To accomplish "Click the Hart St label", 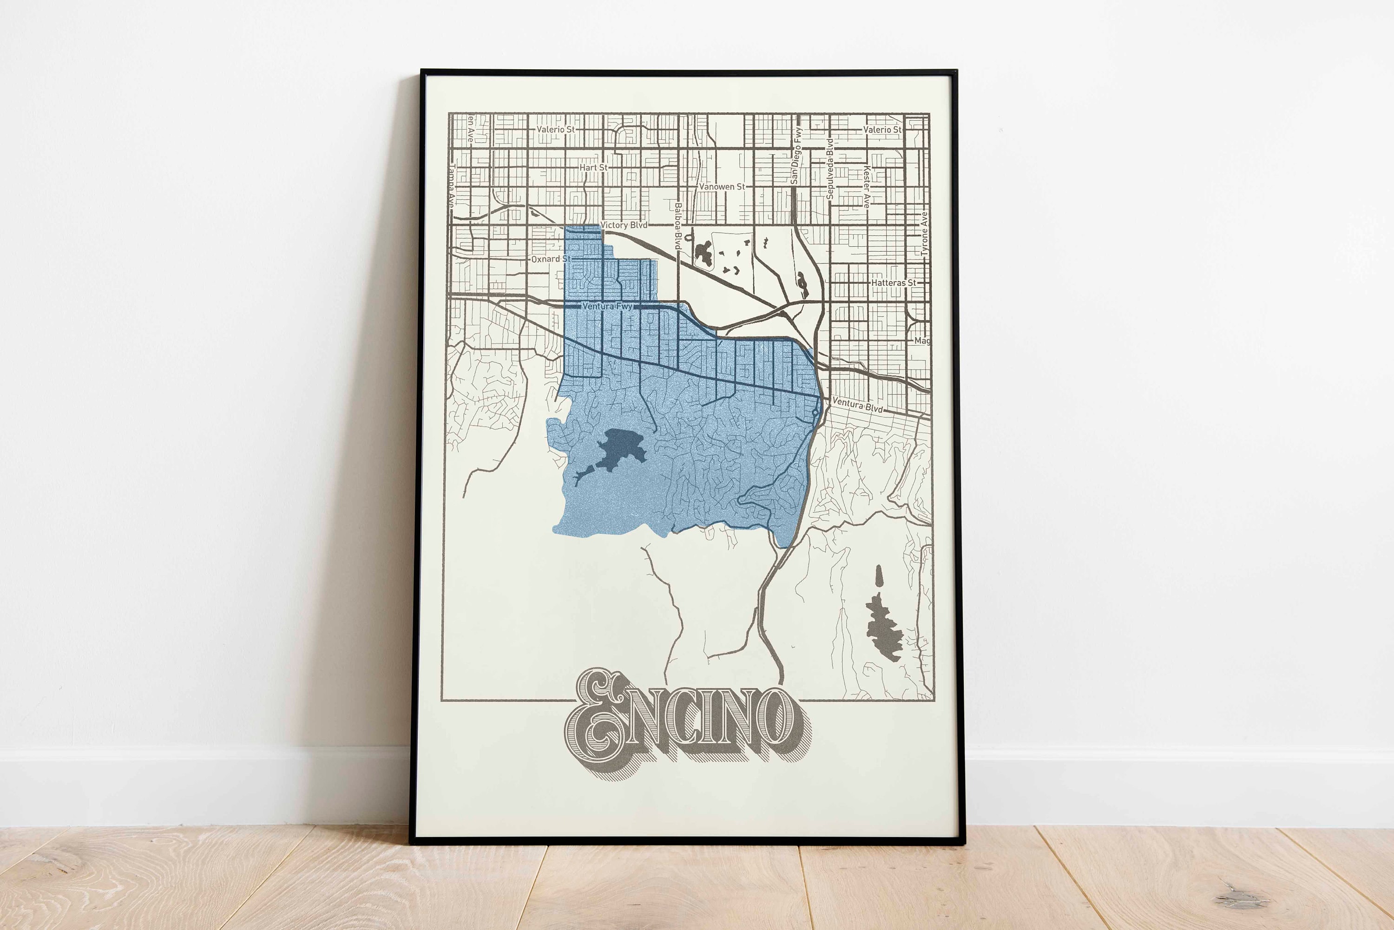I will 593,168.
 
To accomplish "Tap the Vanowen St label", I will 721,187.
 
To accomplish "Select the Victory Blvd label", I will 624,225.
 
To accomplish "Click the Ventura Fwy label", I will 607,307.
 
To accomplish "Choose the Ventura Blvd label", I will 857,406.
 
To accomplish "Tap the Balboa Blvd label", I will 677,226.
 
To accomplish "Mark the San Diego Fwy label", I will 796,156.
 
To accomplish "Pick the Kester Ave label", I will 866,186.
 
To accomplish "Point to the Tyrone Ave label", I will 924,234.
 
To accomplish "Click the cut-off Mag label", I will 922,341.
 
